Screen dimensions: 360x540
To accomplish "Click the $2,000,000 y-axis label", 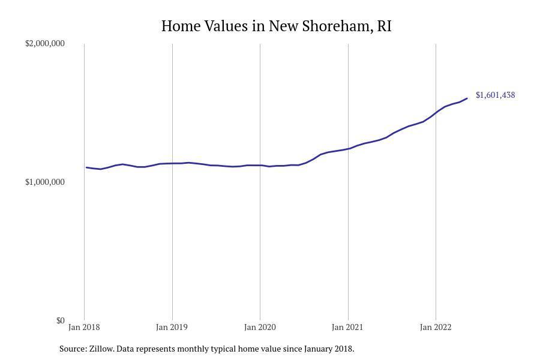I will pyautogui.click(x=45, y=44).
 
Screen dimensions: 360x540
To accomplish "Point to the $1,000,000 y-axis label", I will pyautogui.click(x=45, y=182).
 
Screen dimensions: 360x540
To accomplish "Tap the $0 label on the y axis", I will pyautogui.click(x=60, y=320).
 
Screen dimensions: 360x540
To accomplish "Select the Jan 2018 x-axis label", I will pyautogui.click(x=84, y=328).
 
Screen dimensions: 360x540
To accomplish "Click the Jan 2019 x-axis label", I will pyautogui.click(x=172, y=328).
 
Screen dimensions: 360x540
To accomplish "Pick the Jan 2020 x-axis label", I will pyautogui.click(x=260, y=328).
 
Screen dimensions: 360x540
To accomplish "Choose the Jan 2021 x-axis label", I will pyautogui.click(x=347, y=328).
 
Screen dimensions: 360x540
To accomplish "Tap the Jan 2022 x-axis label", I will pyautogui.click(x=436, y=328).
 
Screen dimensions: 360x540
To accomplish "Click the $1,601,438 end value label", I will pyautogui.click(x=495, y=95).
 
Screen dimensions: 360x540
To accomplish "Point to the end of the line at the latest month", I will pyautogui.click(x=467, y=98).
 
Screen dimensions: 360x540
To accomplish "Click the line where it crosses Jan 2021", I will pyautogui.click(x=348, y=149).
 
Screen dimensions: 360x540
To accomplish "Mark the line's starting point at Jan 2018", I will pyautogui.click(x=86, y=167).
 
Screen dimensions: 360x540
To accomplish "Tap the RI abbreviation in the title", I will pyautogui.click(x=384, y=26).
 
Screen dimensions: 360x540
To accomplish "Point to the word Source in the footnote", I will pyautogui.click(x=73, y=349).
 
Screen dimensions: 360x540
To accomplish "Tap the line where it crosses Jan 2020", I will pyautogui.click(x=260, y=165).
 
